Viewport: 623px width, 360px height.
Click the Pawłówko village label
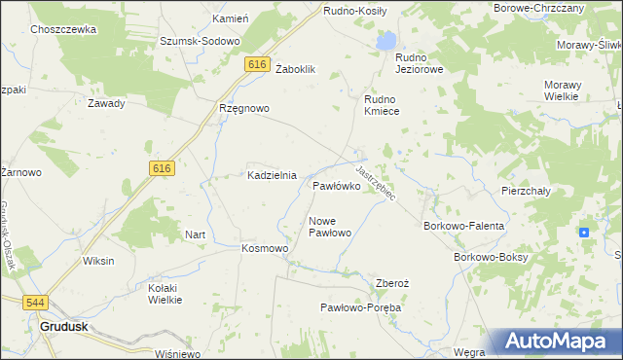[337, 184]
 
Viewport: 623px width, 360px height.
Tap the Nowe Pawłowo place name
[329, 227]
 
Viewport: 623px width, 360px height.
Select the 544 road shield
[36, 303]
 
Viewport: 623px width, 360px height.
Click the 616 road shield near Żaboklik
[257, 64]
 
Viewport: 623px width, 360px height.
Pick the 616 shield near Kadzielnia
[162, 168]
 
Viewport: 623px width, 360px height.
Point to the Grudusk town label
[65, 327]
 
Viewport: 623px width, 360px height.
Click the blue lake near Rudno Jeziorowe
[387, 42]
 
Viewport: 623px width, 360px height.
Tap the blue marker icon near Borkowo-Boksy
[583, 232]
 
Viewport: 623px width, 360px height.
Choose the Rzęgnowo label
[243, 108]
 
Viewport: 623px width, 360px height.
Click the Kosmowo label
[265, 248]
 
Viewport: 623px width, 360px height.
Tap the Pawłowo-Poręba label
[361, 306]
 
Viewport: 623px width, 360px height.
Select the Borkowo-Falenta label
[464, 226]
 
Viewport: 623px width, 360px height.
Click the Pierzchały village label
[526, 191]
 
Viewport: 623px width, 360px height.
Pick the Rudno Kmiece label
[388, 105]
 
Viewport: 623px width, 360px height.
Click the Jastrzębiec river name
[375, 182]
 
